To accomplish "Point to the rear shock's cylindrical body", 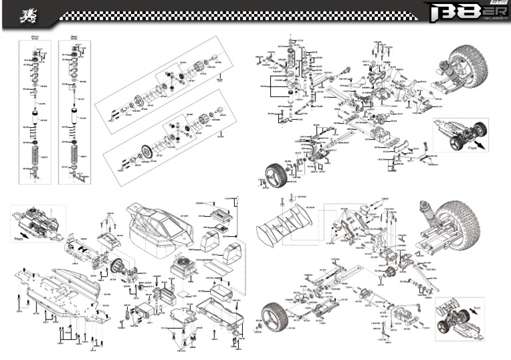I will point(74,120).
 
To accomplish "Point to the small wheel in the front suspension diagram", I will point(275,175).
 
